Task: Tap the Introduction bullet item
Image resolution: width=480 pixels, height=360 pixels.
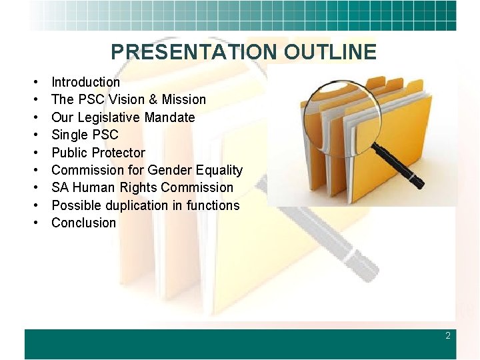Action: (85, 82)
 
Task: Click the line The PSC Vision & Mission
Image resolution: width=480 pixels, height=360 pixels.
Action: (129, 99)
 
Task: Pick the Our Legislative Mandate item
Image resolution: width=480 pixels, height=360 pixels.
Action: (123, 117)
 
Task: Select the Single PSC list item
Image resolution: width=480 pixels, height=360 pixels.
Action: (85, 135)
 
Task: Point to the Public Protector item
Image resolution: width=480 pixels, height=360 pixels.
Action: (98, 153)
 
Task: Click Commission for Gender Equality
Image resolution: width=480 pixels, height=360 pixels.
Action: (147, 170)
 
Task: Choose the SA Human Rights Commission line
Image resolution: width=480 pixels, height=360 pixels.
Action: (142, 187)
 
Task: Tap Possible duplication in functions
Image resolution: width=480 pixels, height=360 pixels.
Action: (145, 205)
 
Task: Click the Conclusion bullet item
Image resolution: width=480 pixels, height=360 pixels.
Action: (84, 223)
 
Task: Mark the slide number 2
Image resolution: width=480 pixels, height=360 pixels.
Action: (448, 336)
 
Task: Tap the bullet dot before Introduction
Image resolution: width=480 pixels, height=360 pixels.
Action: (33, 83)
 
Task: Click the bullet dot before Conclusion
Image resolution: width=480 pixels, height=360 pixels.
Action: (33, 223)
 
